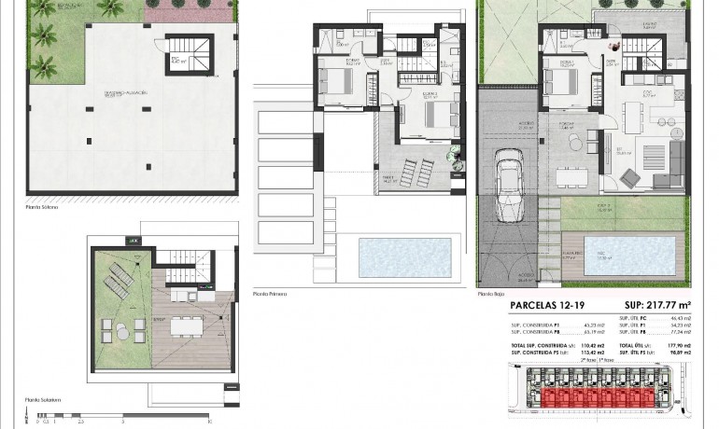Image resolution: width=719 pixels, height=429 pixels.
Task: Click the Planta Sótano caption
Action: [43, 206]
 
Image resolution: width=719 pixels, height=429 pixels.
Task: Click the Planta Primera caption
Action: [270, 294]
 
